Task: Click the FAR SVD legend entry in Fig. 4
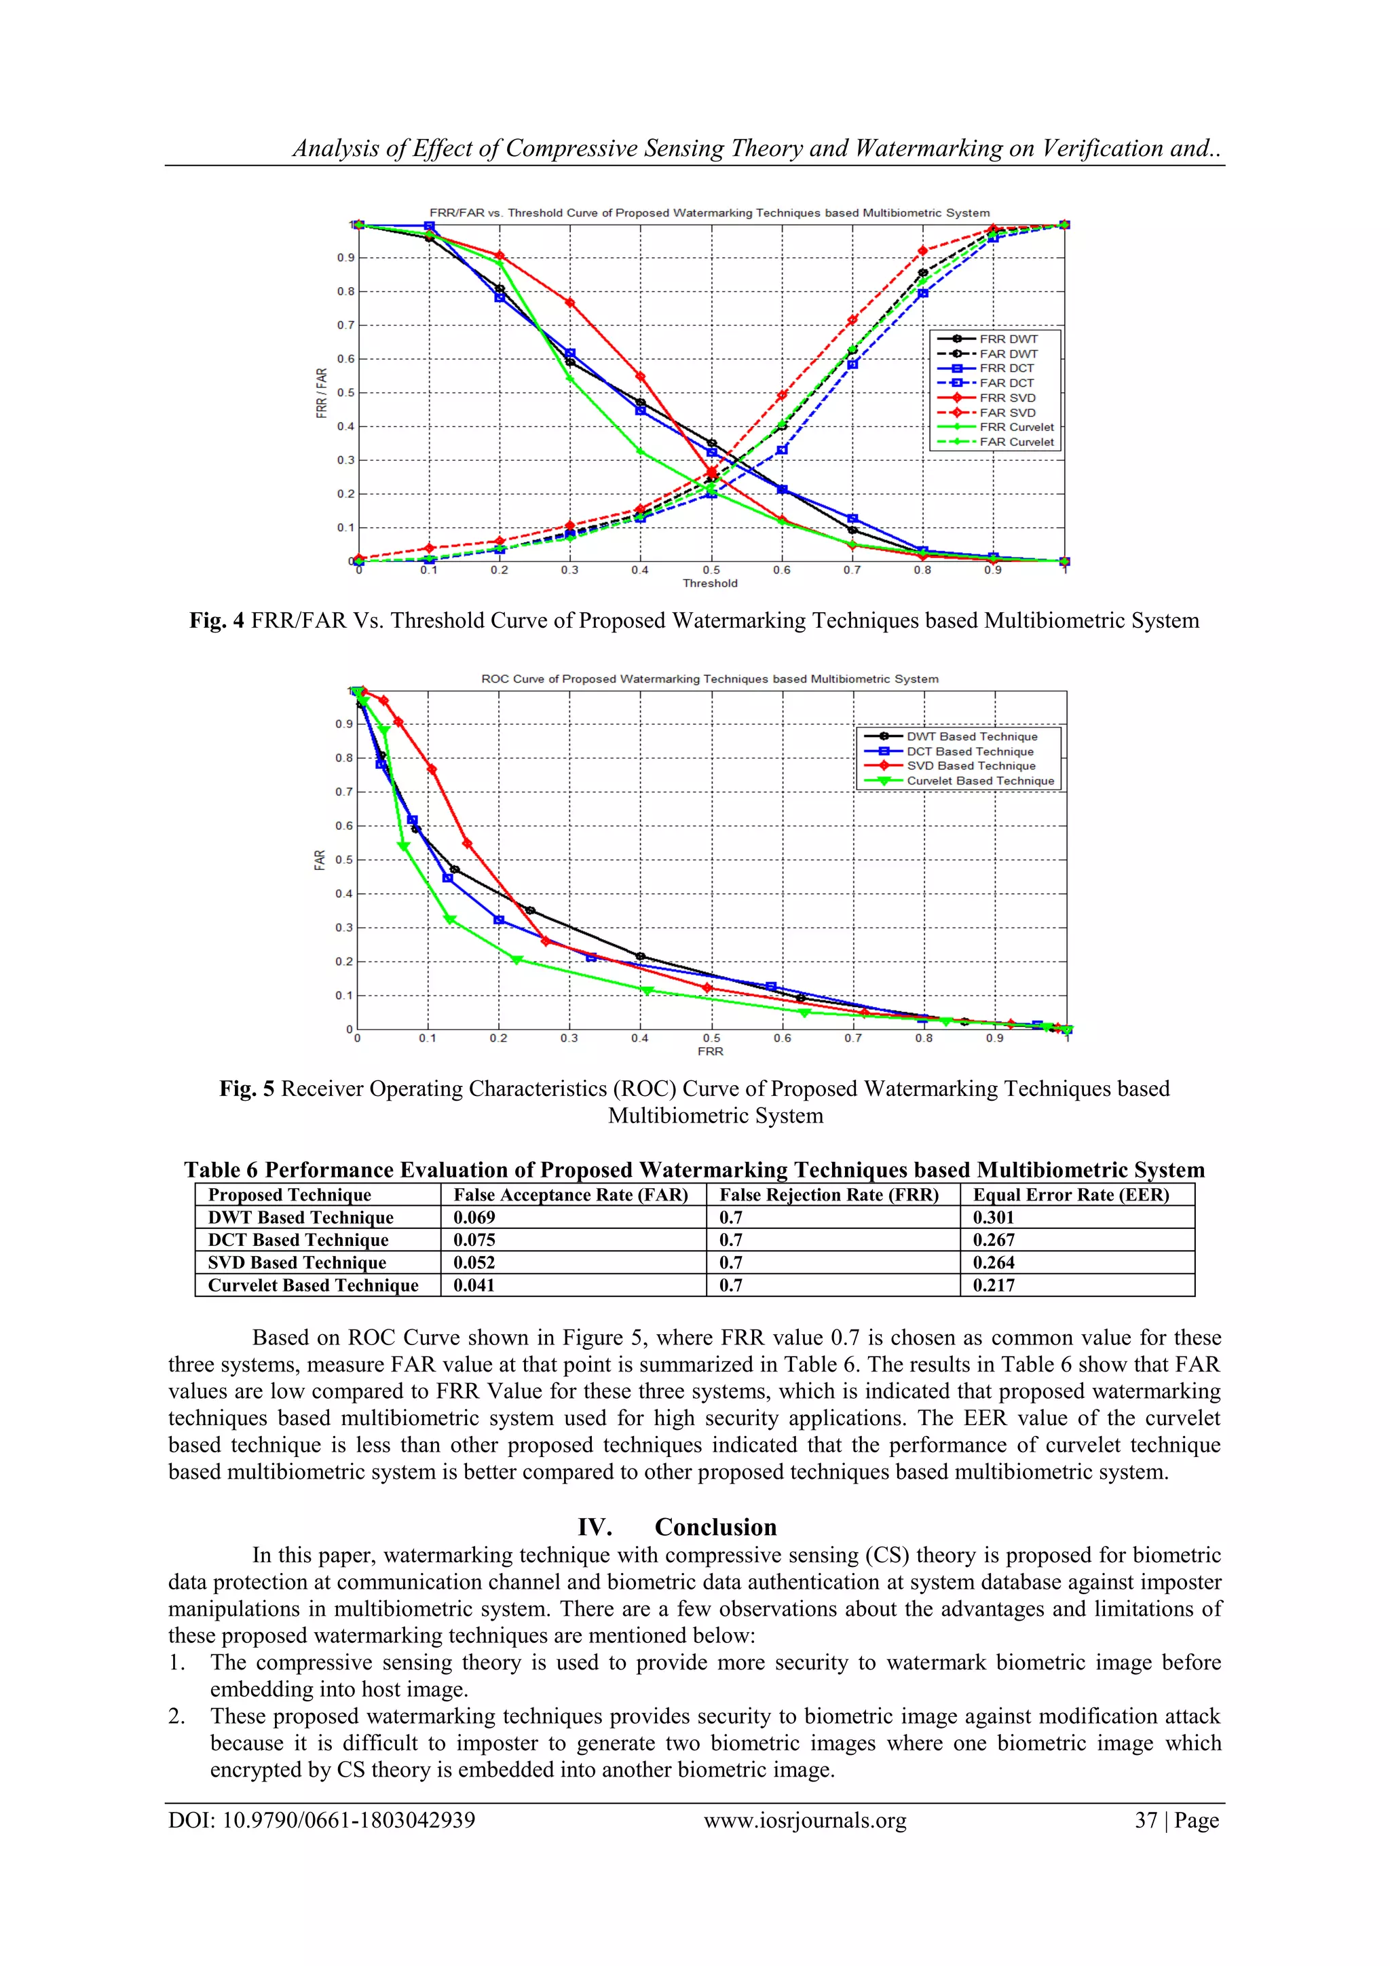(x=1007, y=413)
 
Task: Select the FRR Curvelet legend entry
(x=1017, y=428)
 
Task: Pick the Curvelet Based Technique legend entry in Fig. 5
(x=980, y=781)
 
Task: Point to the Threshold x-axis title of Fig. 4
(x=709, y=583)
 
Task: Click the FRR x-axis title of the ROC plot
(x=710, y=1051)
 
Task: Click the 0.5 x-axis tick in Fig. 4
(x=711, y=570)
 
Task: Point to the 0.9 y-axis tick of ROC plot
(x=343, y=724)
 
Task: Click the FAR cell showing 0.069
(x=474, y=1217)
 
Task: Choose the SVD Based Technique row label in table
(x=297, y=1263)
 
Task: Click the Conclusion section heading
(x=715, y=1528)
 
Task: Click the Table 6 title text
(x=694, y=1170)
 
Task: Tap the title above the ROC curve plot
(x=709, y=679)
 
